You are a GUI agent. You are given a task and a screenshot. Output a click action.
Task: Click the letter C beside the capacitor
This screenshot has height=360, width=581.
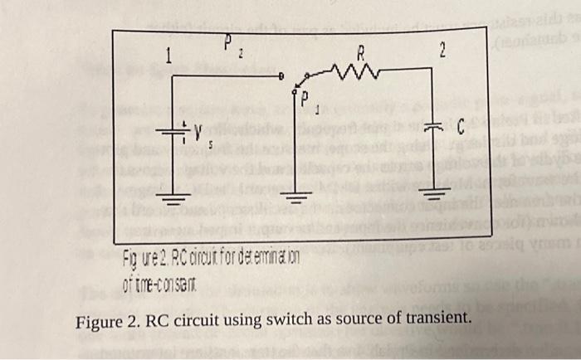coord(458,126)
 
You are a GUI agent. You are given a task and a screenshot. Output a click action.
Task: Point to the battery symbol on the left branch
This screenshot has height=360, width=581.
coord(172,131)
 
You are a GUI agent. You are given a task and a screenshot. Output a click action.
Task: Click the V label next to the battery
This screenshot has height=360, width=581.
coord(198,130)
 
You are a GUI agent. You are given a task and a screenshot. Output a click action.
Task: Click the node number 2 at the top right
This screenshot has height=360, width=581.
coord(442,51)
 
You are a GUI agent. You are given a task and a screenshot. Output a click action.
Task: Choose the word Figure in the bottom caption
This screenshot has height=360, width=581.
coord(97,319)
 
